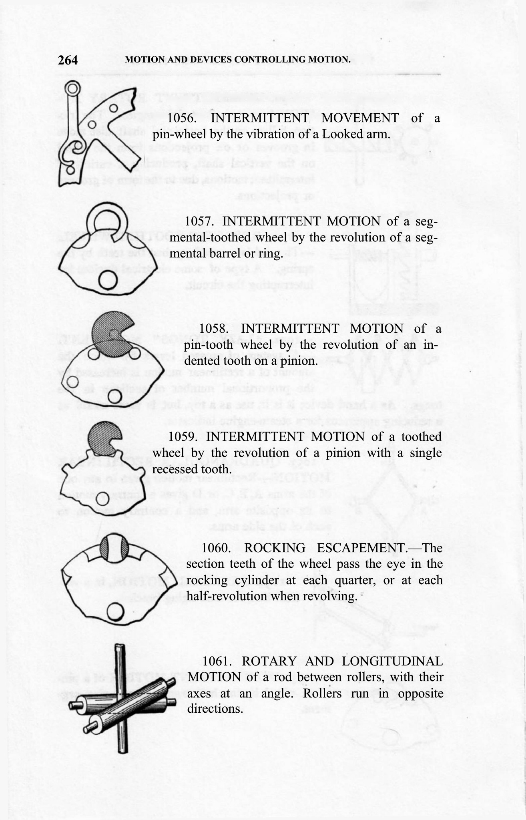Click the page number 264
pos(68,60)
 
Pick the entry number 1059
pos(183,437)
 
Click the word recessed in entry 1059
pos(174,469)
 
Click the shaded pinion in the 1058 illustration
pos(112,333)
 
